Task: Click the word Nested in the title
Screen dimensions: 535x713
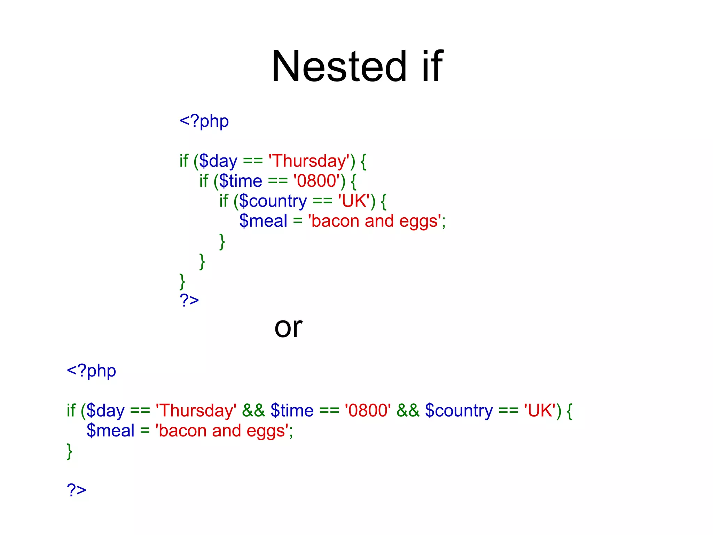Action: point(338,66)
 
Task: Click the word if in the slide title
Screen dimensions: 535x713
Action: point(432,66)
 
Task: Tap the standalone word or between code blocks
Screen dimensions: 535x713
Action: point(288,327)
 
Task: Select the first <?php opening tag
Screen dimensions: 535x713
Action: point(204,121)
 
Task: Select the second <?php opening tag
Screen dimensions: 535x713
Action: point(91,371)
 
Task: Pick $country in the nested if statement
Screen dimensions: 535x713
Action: point(273,201)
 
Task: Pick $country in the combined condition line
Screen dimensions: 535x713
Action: point(459,411)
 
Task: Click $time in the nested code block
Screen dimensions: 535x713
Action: point(241,181)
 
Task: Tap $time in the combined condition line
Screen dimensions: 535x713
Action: point(292,411)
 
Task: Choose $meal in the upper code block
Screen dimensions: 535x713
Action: point(263,221)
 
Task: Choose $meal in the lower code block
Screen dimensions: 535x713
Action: point(110,431)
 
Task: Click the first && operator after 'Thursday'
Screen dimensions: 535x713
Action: point(253,411)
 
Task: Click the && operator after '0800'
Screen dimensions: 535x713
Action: point(408,411)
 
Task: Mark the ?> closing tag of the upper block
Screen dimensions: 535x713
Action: point(189,300)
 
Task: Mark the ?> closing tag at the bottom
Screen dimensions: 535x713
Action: point(76,490)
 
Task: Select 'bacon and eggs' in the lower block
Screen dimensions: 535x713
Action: point(222,431)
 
